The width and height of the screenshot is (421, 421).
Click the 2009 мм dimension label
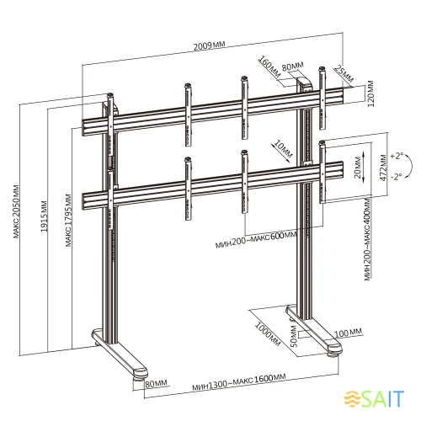click(210, 45)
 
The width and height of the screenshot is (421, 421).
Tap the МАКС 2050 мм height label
click(16, 211)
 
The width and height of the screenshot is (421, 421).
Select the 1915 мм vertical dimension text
click(44, 216)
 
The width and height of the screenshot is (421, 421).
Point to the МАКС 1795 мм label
click(68, 221)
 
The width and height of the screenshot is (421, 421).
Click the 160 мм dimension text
click(269, 67)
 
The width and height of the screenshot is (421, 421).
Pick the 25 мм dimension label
click(344, 74)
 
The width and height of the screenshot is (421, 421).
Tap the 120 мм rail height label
click(370, 93)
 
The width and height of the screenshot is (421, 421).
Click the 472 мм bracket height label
click(383, 168)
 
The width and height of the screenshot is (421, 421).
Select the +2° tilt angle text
click(397, 156)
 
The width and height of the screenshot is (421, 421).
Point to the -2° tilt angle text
click(396, 177)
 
